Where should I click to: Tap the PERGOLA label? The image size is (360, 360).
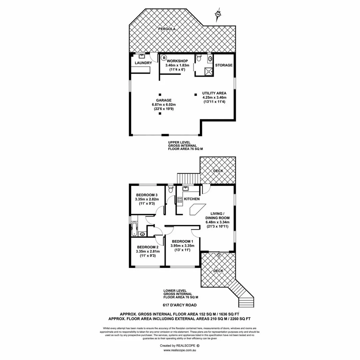pyautogui.click(x=167, y=29)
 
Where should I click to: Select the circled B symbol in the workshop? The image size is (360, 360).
pyautogui.click(x=164, y=58)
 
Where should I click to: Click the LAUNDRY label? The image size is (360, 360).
pyautogui.click(x=143, y=63)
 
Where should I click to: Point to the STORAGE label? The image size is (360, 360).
pyautogui.click(x=224, y=65)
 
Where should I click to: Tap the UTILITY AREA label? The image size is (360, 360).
pyautogui.click(x=214, y=93)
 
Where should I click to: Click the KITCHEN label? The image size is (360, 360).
pyautogui.click(x=192, y=199)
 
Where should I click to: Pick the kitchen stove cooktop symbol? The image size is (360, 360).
pyautogui.click(x=179, y=200)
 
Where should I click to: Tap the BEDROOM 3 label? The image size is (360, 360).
pyautogui.click(x=146, y=195)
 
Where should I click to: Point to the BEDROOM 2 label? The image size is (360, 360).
pyautogui.click(x=148, y=247)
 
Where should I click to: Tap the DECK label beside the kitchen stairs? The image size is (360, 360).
pyautogui.click(x=218, y=171)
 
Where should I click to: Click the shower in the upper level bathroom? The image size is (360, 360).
pyautogui.click(x=208, y=71)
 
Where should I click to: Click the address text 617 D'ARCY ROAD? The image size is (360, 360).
pyautogui.click(x=180, y=305)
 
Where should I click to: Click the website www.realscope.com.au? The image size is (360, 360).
pyautogui.click(x=180, y=351)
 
